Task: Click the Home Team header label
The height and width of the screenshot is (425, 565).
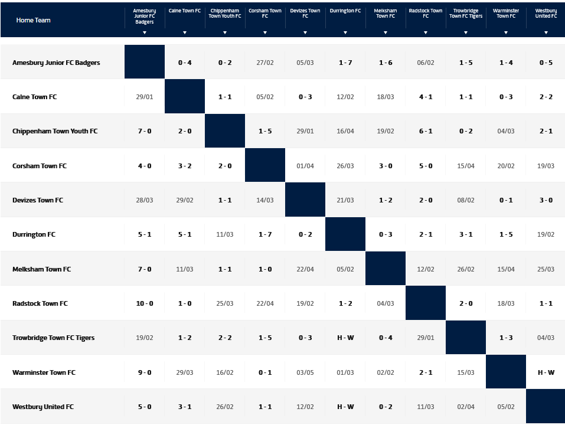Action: click(x=33, y=20)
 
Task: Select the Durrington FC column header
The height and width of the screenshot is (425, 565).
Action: click(x=345, y=11)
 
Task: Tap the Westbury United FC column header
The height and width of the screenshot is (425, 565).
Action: click(x=546, y=13)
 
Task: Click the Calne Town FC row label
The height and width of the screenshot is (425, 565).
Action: click(x=34, y=97)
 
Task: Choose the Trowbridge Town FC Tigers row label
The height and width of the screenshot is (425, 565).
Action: click(x=53, y=338)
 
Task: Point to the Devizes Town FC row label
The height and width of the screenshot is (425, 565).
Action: click(x=37, y=200)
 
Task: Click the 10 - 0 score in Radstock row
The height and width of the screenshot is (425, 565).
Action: click(x=145, y=303)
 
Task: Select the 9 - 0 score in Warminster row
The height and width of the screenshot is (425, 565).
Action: click(x=145, y=372)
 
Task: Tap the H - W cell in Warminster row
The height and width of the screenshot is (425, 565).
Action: click(x=546, y=372)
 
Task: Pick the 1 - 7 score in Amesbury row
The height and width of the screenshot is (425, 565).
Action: click(x=345, y=63)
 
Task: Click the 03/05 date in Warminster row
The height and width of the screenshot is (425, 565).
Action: click(x=305, y=372)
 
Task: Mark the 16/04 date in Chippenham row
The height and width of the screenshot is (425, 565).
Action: click(x=345, y=131)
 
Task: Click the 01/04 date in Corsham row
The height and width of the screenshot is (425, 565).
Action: click(x=305, y=166)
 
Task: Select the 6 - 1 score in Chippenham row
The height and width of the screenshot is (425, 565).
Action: click(x=426, y=131)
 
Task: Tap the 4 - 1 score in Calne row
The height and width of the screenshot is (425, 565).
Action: click(x=426, y=97)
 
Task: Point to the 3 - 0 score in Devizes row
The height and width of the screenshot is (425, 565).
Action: click(x=546, y=200)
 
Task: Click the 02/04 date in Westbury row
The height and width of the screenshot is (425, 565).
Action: click(x=466, y=407)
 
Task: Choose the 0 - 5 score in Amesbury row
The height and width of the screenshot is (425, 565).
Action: click(x=546, y=63)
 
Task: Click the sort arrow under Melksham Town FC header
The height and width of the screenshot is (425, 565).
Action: click(x=386, y=32)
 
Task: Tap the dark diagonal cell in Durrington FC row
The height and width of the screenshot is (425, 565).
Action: click(x=345, y=234)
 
